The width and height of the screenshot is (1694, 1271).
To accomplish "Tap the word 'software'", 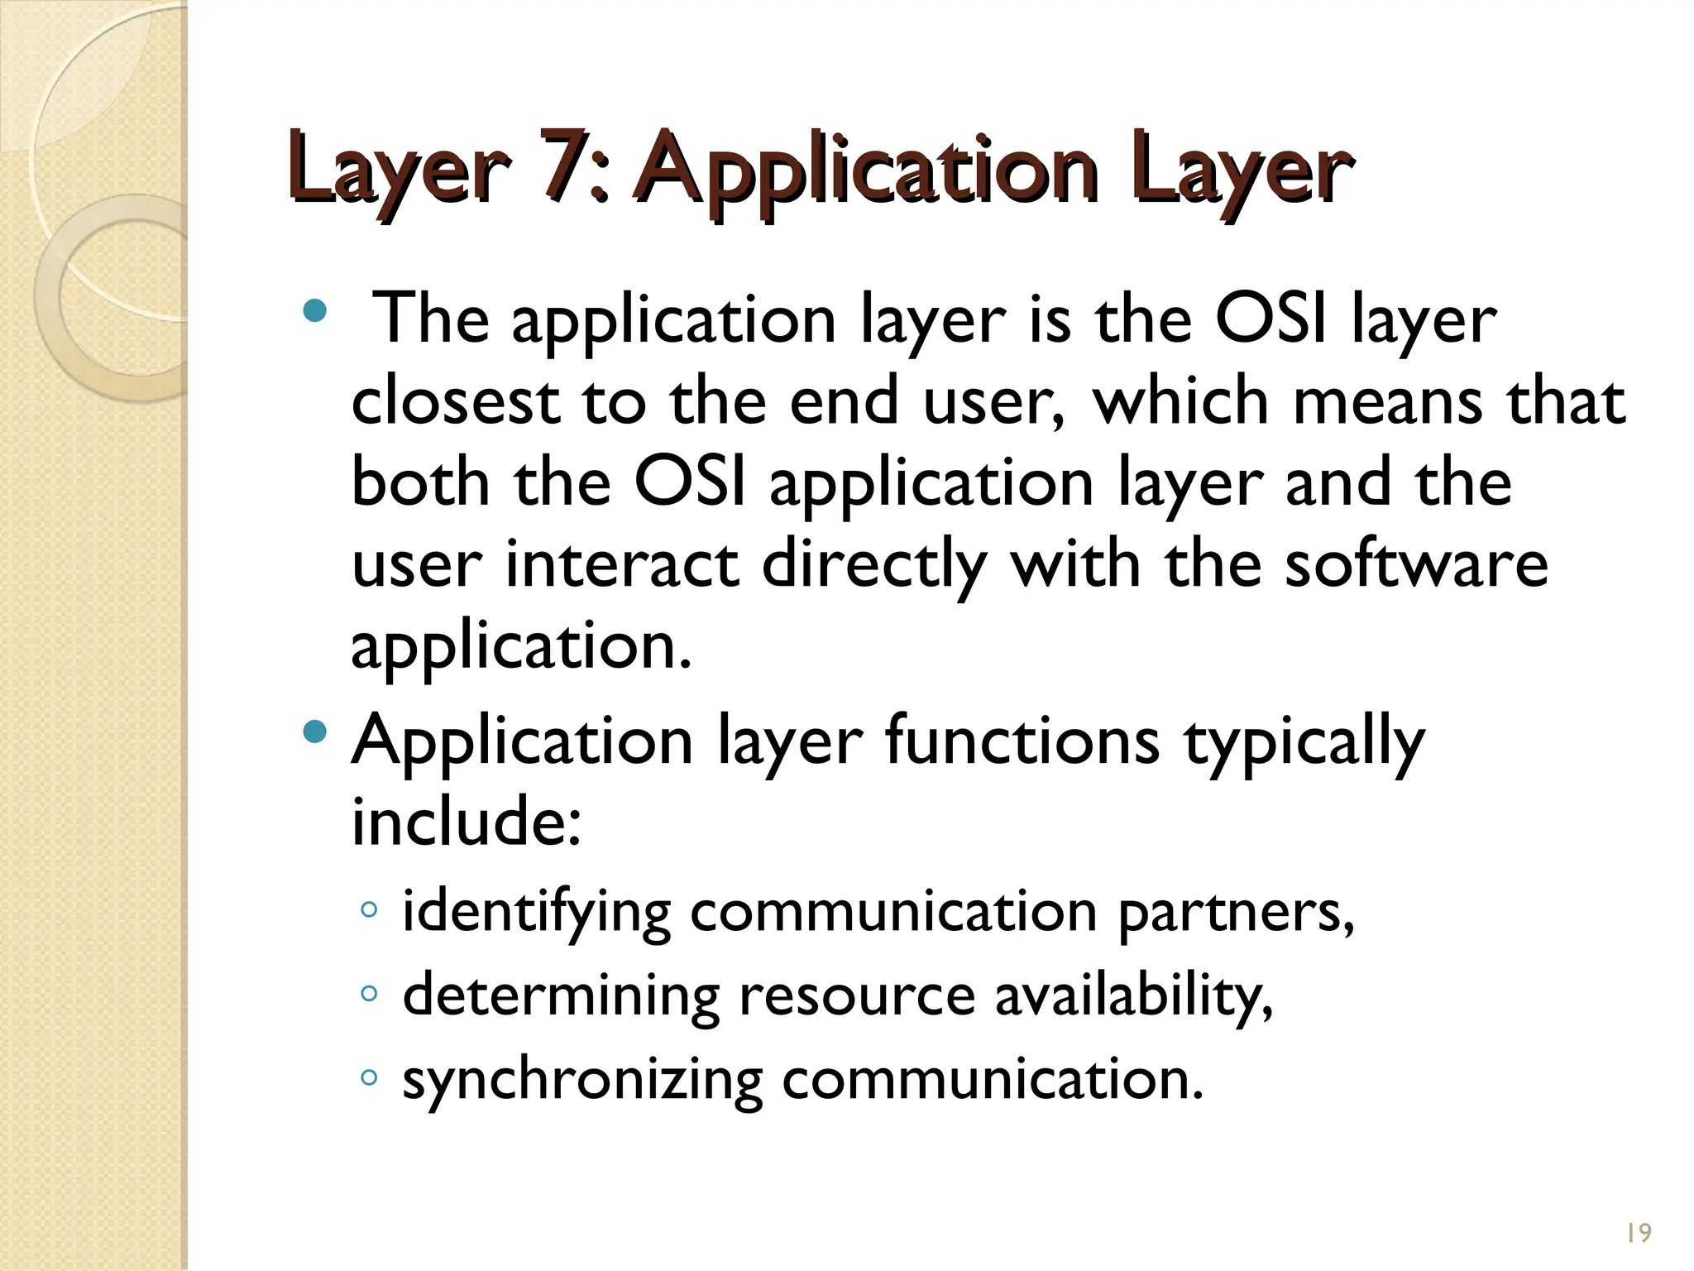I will tap(1415, 564).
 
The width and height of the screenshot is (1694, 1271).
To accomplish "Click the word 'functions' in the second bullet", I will tap(1022, 740).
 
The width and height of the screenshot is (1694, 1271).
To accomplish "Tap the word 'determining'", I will tap(561, 995).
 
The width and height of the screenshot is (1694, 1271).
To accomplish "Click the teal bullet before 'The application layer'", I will tap(315, 311).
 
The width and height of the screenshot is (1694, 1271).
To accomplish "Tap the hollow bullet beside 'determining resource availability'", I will tap(370, 994).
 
